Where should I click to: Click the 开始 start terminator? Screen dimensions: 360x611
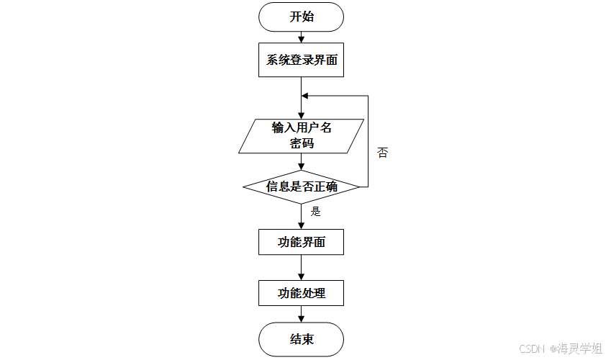click(302, 17)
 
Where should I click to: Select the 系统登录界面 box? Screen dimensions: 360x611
click(302, 60)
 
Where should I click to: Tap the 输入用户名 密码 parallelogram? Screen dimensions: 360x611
click(302, 135)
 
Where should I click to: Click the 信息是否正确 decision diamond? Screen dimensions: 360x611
click(302, 187)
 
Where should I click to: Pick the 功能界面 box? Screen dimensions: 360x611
click(302, 242)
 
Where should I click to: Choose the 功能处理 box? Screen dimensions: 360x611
click(302, 293)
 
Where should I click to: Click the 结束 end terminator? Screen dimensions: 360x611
click(302, 338)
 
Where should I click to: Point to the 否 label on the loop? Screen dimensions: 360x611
click(382, 153)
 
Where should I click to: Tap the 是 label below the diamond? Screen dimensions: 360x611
click(315, 212)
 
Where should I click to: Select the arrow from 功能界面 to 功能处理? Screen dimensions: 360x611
click(302, 267)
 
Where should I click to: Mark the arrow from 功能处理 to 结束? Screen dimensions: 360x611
click(302, 314)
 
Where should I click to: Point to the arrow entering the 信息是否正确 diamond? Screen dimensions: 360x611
click(302, 162)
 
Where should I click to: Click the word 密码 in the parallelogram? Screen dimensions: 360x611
click(302, 143)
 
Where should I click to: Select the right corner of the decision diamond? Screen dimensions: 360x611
click(359, 187)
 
